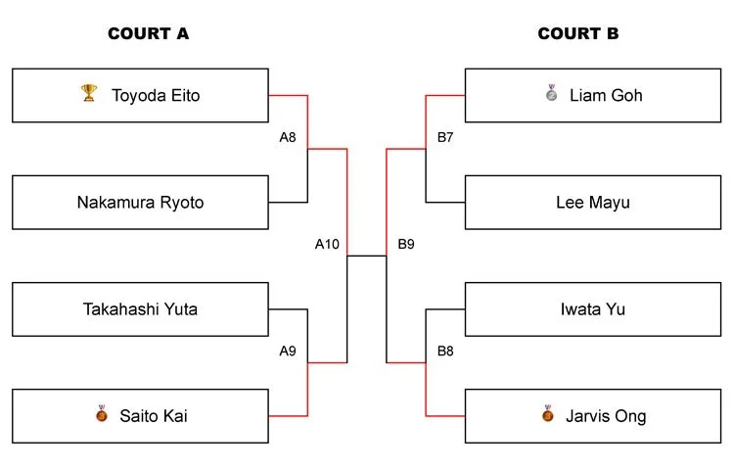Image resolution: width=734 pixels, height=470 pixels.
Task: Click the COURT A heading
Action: click(x=148, y=33)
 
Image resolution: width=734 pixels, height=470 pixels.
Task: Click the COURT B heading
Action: click(x=577, y=33)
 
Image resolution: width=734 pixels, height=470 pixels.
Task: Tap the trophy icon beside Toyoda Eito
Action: click(x=88, y=94)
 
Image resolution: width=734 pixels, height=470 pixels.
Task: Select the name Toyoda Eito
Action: click(x=156, y=95)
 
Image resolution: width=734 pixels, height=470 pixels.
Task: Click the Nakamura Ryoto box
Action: click(x=140, y=203)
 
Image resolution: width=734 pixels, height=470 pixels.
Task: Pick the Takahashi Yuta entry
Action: click(x=140, y=309)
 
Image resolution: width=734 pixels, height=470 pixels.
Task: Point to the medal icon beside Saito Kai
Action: click(x=101, y=415)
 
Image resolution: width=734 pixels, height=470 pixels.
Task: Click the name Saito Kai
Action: click(x=153, y=416)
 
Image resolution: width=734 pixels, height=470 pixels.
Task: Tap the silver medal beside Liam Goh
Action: click(x=551, y=94)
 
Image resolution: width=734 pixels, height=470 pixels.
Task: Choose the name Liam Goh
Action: click(x=606, y=95)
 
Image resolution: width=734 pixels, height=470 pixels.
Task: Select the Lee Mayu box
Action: click(x=593, y=203)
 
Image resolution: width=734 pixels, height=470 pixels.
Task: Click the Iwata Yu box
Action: click(x=593, y=309)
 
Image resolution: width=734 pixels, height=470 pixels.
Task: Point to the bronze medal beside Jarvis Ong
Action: click(x=548, y=415)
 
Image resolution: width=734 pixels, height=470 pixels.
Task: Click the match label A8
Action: click(x=288, y=138)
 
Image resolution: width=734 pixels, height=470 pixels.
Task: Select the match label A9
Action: click(x=288, y=351)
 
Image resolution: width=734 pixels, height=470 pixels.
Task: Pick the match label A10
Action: click(x=327, y=244)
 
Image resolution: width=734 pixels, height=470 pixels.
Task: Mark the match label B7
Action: click(x=445, y=138)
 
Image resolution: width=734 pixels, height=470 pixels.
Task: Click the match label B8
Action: click(x=445, y=351)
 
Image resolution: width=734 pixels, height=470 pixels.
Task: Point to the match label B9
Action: click(x=406, y=244)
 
